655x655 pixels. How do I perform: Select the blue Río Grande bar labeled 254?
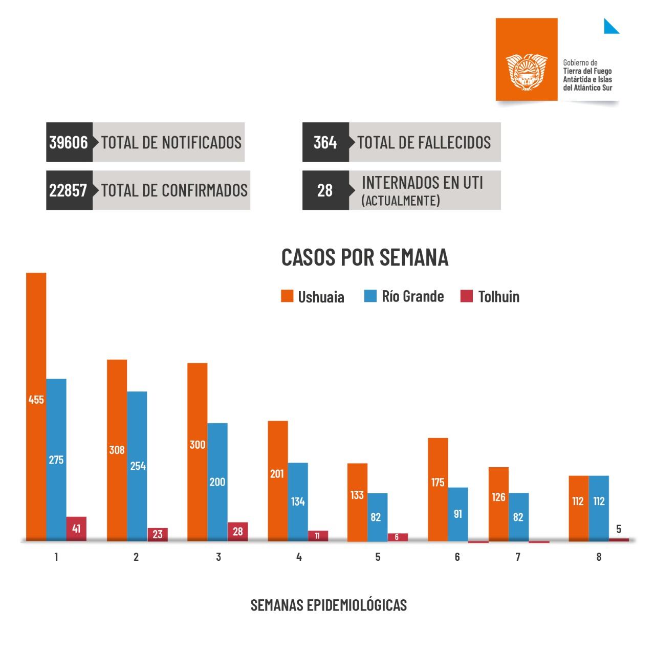[137, 466]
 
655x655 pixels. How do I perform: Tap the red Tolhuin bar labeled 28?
[238, 531]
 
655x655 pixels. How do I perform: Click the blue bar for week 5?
[377, 517]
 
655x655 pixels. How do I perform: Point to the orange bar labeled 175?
[438, 489]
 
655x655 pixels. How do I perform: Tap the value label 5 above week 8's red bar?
[619, 529]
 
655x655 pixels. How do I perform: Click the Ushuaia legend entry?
[313, 297]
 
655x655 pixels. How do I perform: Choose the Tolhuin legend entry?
[490, 296]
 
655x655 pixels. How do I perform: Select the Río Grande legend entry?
[404, 296]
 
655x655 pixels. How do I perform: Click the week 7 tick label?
[518, 557]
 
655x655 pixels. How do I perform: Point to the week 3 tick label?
[219, 557]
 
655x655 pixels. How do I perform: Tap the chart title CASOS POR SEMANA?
[365, 257]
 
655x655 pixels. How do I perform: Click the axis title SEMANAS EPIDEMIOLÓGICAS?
[329, 605]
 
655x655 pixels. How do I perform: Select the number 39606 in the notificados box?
[69, 142]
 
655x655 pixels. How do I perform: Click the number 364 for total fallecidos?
[325, 142]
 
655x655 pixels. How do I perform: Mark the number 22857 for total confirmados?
[68, 190]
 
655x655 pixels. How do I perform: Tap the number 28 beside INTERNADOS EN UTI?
[325, 190]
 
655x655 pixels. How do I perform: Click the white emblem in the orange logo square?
[527, 71]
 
